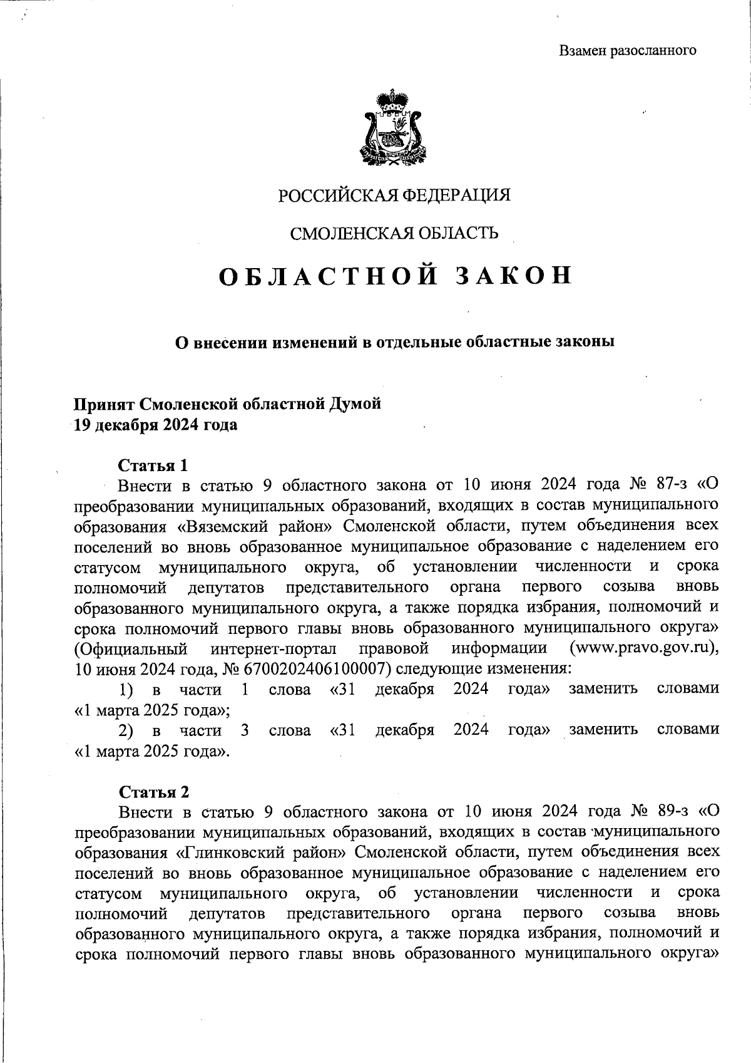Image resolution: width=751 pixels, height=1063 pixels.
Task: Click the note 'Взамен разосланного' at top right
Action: click(x=627, y=51)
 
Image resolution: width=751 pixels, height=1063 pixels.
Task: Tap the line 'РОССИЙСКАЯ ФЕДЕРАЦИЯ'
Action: click(x=394, y=195)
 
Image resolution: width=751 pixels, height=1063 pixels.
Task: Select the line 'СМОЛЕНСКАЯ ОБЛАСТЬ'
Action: click(x=394, y=234)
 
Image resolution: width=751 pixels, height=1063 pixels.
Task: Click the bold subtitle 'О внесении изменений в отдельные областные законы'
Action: click(x=394, y=342)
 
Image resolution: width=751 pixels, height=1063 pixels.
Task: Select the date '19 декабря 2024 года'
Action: click(x=156, y=425)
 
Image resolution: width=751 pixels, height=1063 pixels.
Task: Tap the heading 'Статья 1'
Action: click(x=153, y=465)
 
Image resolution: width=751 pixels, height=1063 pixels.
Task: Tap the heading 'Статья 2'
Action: click(x=153, y=792)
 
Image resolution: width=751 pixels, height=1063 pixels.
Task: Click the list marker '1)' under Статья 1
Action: click(x=126, y=690)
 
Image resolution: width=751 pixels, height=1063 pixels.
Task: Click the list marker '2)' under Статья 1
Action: click(x=126, y=730)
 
